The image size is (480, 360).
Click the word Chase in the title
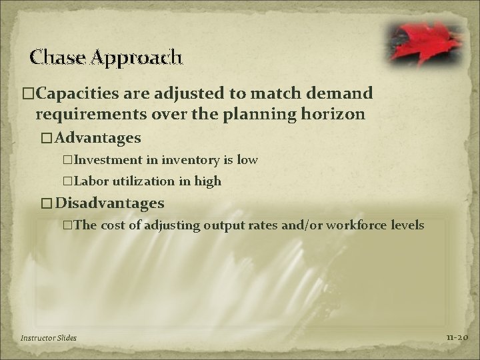click(x=53, y=57)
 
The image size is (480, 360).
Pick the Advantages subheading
click(x=98, y=138)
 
